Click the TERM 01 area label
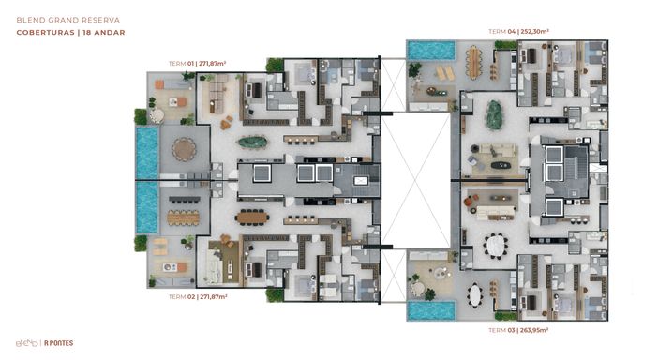[197, 64]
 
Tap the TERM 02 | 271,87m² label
[198, 296]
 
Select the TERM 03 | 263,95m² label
[518, 330]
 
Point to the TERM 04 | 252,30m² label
[518, 32]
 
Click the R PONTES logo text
[59, 343]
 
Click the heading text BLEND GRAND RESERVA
[68, 20]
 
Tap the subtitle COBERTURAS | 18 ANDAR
[70, 32]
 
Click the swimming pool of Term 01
[147, 153]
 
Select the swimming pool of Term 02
[147, 207]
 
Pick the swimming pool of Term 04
[431, 50]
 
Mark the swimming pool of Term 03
[431, 311]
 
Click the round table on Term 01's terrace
[184, 149]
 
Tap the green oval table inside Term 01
[253, 142]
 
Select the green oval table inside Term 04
[494, 115]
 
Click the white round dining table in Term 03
[495, 246]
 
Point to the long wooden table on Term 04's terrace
[474, 62]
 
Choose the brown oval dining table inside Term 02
[252, 217]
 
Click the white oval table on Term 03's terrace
[475, 295]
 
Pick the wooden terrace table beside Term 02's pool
[184, 217]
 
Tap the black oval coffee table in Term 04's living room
[501, 165]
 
